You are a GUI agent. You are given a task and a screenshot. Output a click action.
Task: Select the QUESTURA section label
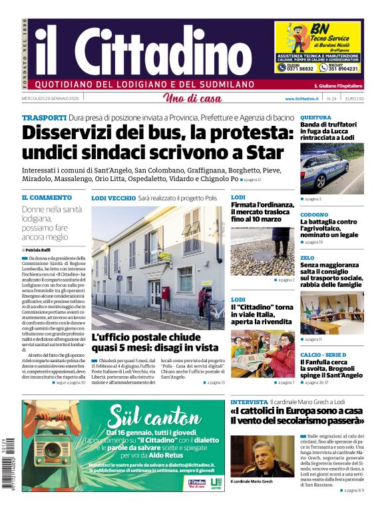(x=315, y=117)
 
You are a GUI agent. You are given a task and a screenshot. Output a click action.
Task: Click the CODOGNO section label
(x=314, y=214)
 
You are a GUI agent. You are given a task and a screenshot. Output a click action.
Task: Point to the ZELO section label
(x=307, y=258)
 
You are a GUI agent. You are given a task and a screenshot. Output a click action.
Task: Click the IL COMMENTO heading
(x=47, y=198)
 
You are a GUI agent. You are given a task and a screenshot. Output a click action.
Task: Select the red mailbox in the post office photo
(x=165, y=293)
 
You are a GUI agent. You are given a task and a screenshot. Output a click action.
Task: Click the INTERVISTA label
(x=249, y=402)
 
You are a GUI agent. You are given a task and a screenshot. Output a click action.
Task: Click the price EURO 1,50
(x=354, y=99)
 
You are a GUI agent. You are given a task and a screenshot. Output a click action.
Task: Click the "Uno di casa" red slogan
(x=192, y=99)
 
